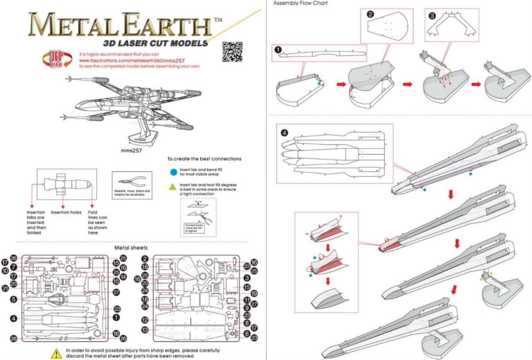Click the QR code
(232, 51)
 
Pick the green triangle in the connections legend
(172, 187)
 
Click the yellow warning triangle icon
(56, 353)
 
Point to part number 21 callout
(5, 288)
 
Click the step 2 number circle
(370, 14)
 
